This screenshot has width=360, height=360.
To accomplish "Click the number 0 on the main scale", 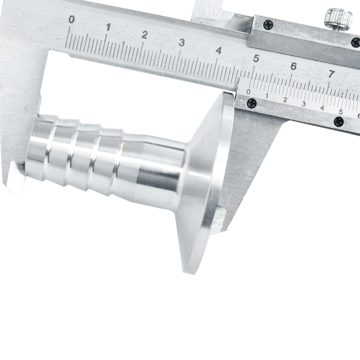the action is pyautogui.click(x=72, y=20).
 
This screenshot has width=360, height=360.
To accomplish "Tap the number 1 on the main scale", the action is pyautogui.click(x=108, y=27).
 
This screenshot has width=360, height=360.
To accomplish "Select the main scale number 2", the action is pyautogui.click(x=144, y=35).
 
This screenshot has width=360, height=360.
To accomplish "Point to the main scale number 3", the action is pyautogui.click(x=182, y=43).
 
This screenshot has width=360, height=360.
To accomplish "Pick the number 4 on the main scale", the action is pyautogui.click(x=219, y=51).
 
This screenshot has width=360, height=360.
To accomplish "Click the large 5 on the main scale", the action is pyautogui.click(x=256, y=59).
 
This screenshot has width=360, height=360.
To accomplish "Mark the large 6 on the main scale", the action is pyautogui.click(x=294, y=66).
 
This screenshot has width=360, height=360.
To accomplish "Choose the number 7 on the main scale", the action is pyautogui.click(x=331, y=74).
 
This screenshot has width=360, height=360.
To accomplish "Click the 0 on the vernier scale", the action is pyautogui.click(x=248, y=92).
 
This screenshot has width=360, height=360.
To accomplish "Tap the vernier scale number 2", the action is pyautogui.click(x=285, y=100).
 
